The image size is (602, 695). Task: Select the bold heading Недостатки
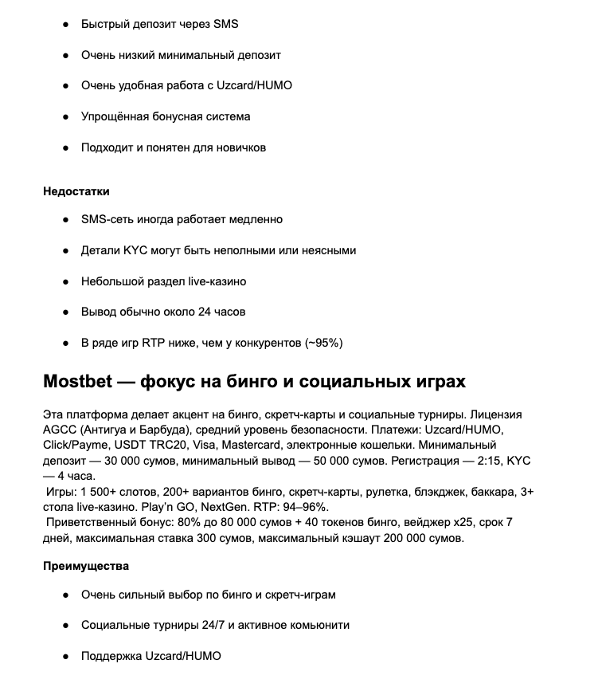point(76,191)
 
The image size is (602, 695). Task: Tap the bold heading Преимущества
point(86,566)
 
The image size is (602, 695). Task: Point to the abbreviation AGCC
point(60,431)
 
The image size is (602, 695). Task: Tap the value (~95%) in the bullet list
point(324,343)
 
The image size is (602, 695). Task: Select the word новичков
point(237,147)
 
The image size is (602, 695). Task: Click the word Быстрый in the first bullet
point(105,24)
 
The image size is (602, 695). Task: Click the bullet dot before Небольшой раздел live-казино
point(65,281)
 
